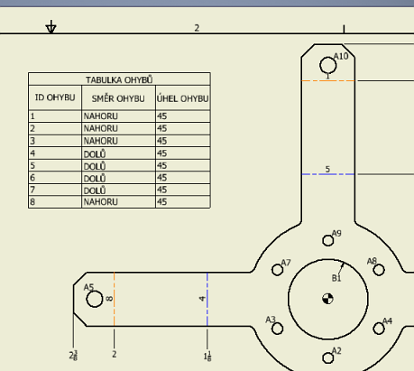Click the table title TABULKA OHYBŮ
click(x=119, y=79)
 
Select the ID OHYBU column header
click(x=54, y=97)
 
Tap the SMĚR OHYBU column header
click(x=117, y=97)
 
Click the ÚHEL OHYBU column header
click(x=182, y=97)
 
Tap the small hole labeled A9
click(x=327, y=240)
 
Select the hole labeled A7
click(x=276, y=269)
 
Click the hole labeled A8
click(x=378, y=268)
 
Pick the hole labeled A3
click(x=276, y=327)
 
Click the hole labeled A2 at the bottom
click(x=327, y=357)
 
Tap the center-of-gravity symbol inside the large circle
click(x=327, y=299)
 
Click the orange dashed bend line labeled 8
click(x=114, y=298)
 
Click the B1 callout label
click(x=336, y=278)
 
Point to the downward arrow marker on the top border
click(x=51, y=28)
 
